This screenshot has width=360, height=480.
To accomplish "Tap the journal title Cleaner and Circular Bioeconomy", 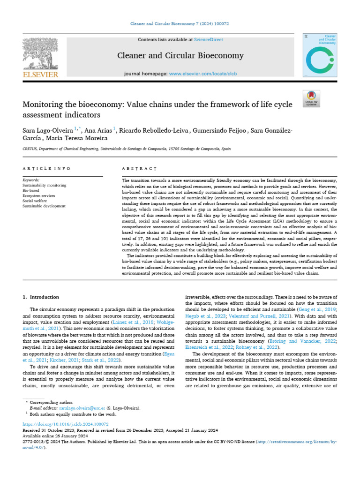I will click(x=180, y=56).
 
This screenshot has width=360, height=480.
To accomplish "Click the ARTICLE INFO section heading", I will click(x=47, y=168).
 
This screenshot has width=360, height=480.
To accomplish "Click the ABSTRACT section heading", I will click(x=139, y=168).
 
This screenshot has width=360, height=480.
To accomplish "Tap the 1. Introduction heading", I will click(x=41, y=297).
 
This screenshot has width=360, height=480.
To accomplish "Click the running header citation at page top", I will click(x=180, y=23).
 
